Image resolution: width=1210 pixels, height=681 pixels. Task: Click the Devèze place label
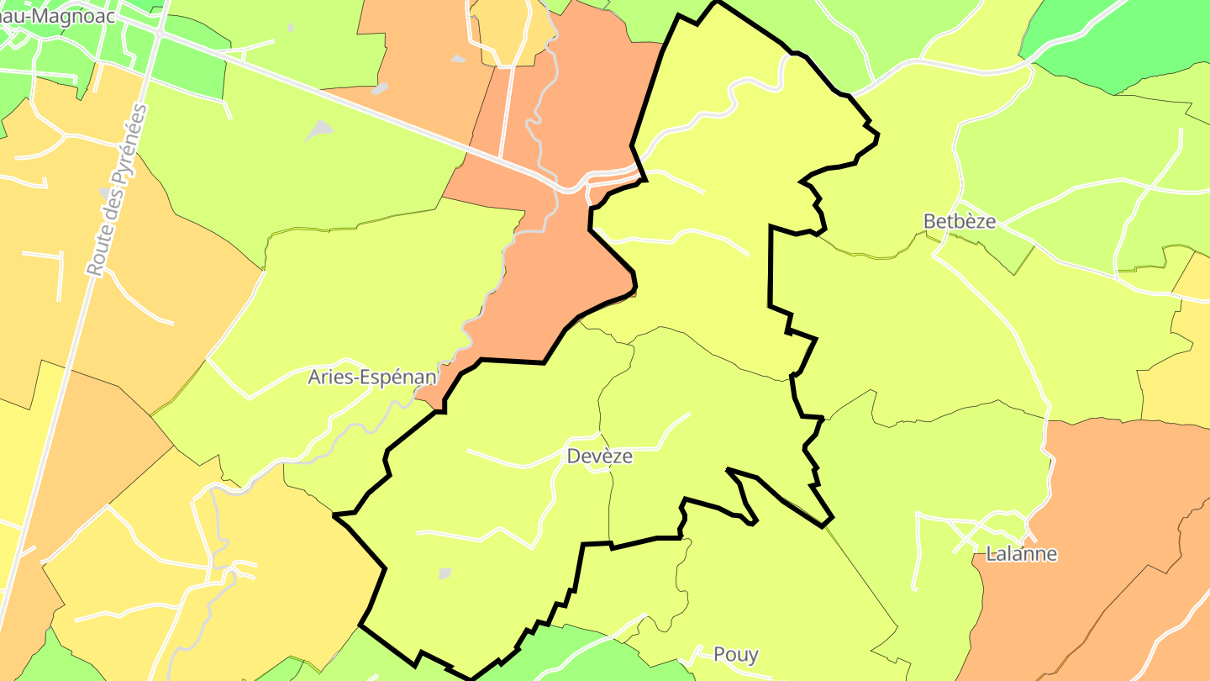click(599, 456)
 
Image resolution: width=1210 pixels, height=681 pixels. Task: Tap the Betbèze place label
click(959, 221)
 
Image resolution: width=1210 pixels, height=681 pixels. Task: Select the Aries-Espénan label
click(371, 377)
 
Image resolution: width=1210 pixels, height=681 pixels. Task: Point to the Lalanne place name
click(1021, 553)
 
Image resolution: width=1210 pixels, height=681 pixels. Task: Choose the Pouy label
click(735, 654)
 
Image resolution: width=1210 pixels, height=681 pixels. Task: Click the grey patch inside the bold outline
click(445, 573)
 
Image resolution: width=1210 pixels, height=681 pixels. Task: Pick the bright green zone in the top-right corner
click(1126, 42)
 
